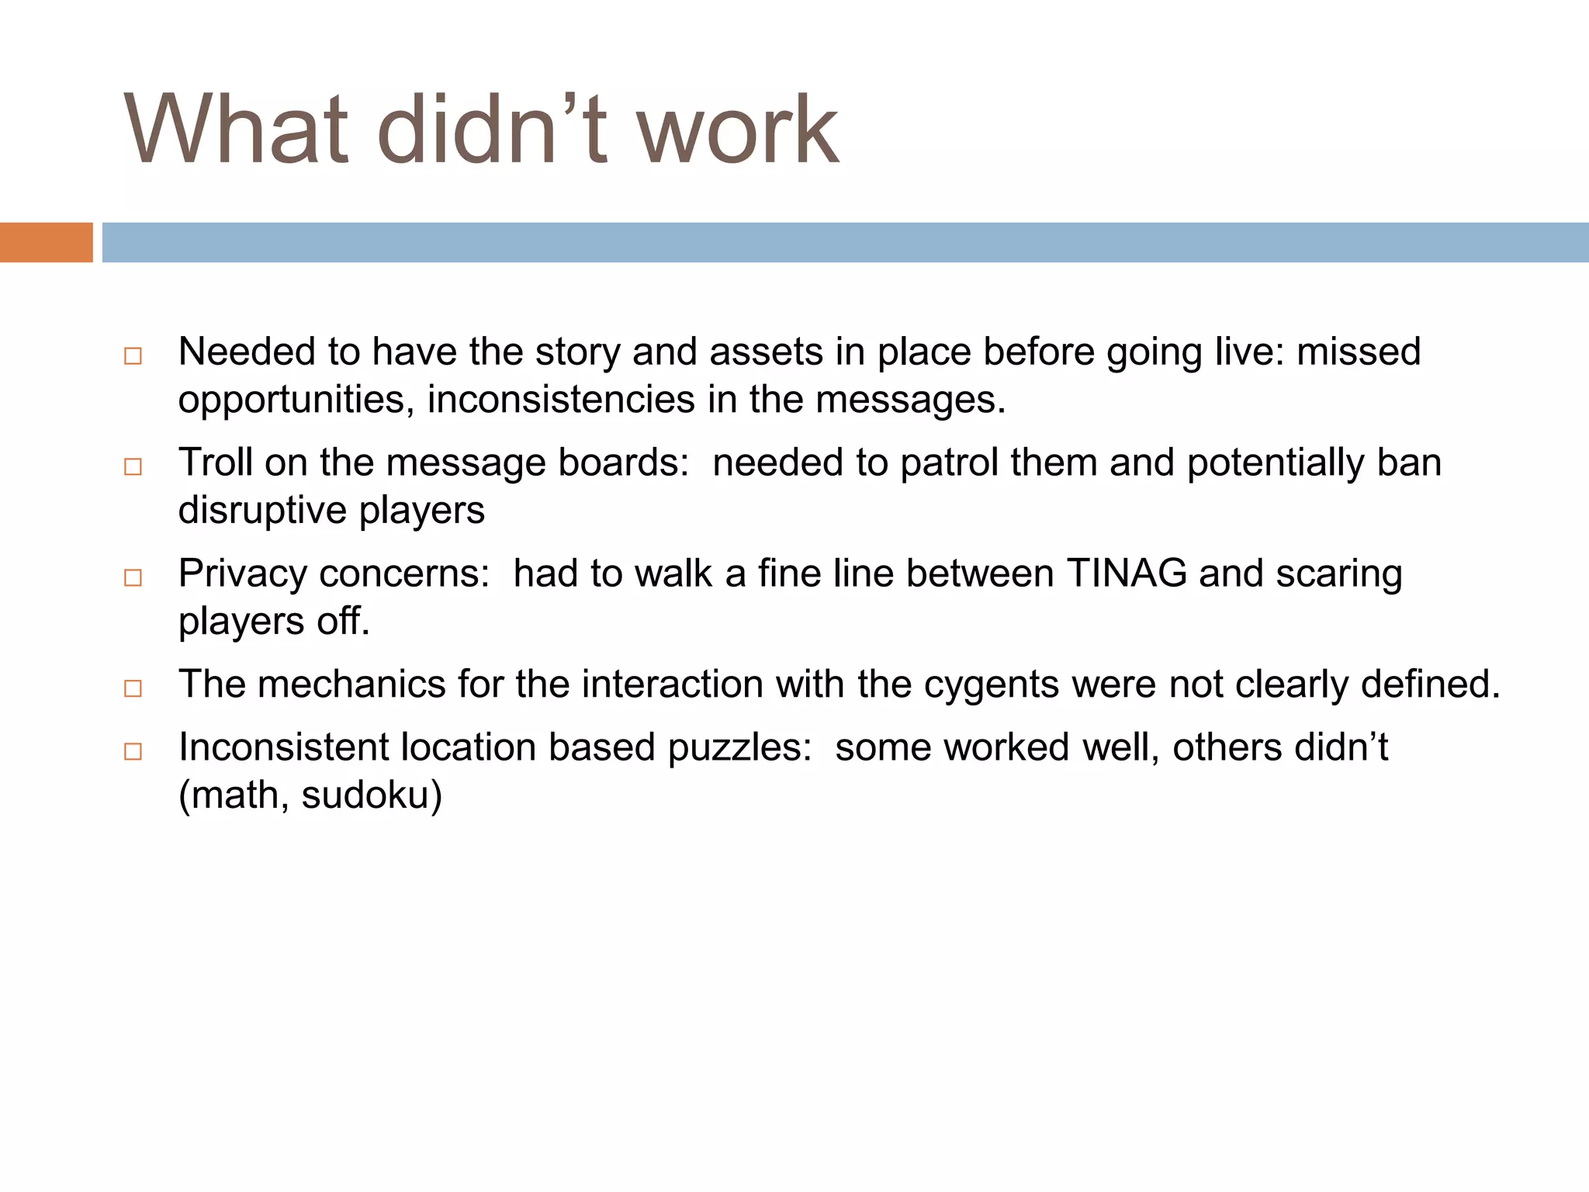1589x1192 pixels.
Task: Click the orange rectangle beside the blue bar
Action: [46, 242]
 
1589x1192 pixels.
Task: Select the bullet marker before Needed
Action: [133, 356]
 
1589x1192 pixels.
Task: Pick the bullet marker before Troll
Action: [133, 466]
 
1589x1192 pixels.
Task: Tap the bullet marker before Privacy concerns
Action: [133, 577]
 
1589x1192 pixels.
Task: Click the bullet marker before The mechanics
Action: [133, 688]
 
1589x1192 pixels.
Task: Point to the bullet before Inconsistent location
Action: [133, 751]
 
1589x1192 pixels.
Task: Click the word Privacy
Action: [243, 574]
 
